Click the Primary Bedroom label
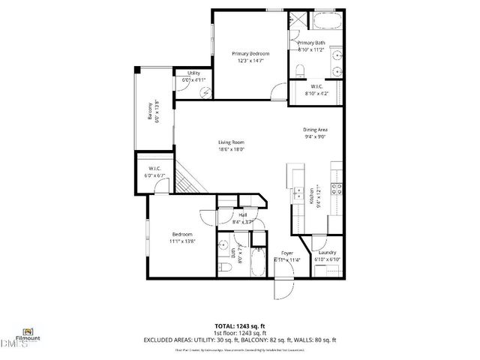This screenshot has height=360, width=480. [x=250, y=54]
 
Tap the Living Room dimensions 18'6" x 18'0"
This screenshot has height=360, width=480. [x=232, y=149]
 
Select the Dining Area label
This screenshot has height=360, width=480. [x=315, y=130]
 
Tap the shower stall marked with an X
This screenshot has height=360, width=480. [x=298, y=20]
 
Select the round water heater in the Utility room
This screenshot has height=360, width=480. [x=205, y=86]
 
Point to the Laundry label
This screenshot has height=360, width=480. [x=326, y=253]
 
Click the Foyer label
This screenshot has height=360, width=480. [x=287, y=253]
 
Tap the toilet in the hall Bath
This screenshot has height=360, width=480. [x=225, y=268]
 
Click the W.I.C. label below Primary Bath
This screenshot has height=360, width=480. [x=317, y=88]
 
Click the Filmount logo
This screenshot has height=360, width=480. [x=28, y=332]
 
